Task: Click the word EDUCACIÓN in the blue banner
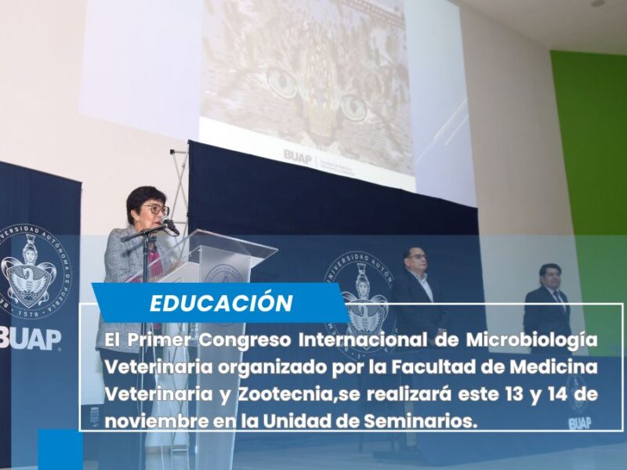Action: pyautogui.click(x=221, y=302)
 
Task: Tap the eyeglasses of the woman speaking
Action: pyautogui.click(x=155, y=210)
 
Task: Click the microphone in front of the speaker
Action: pyautogui.click(x=170, y=227)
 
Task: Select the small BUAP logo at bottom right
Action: pyautogui.click(x=579, y=423)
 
